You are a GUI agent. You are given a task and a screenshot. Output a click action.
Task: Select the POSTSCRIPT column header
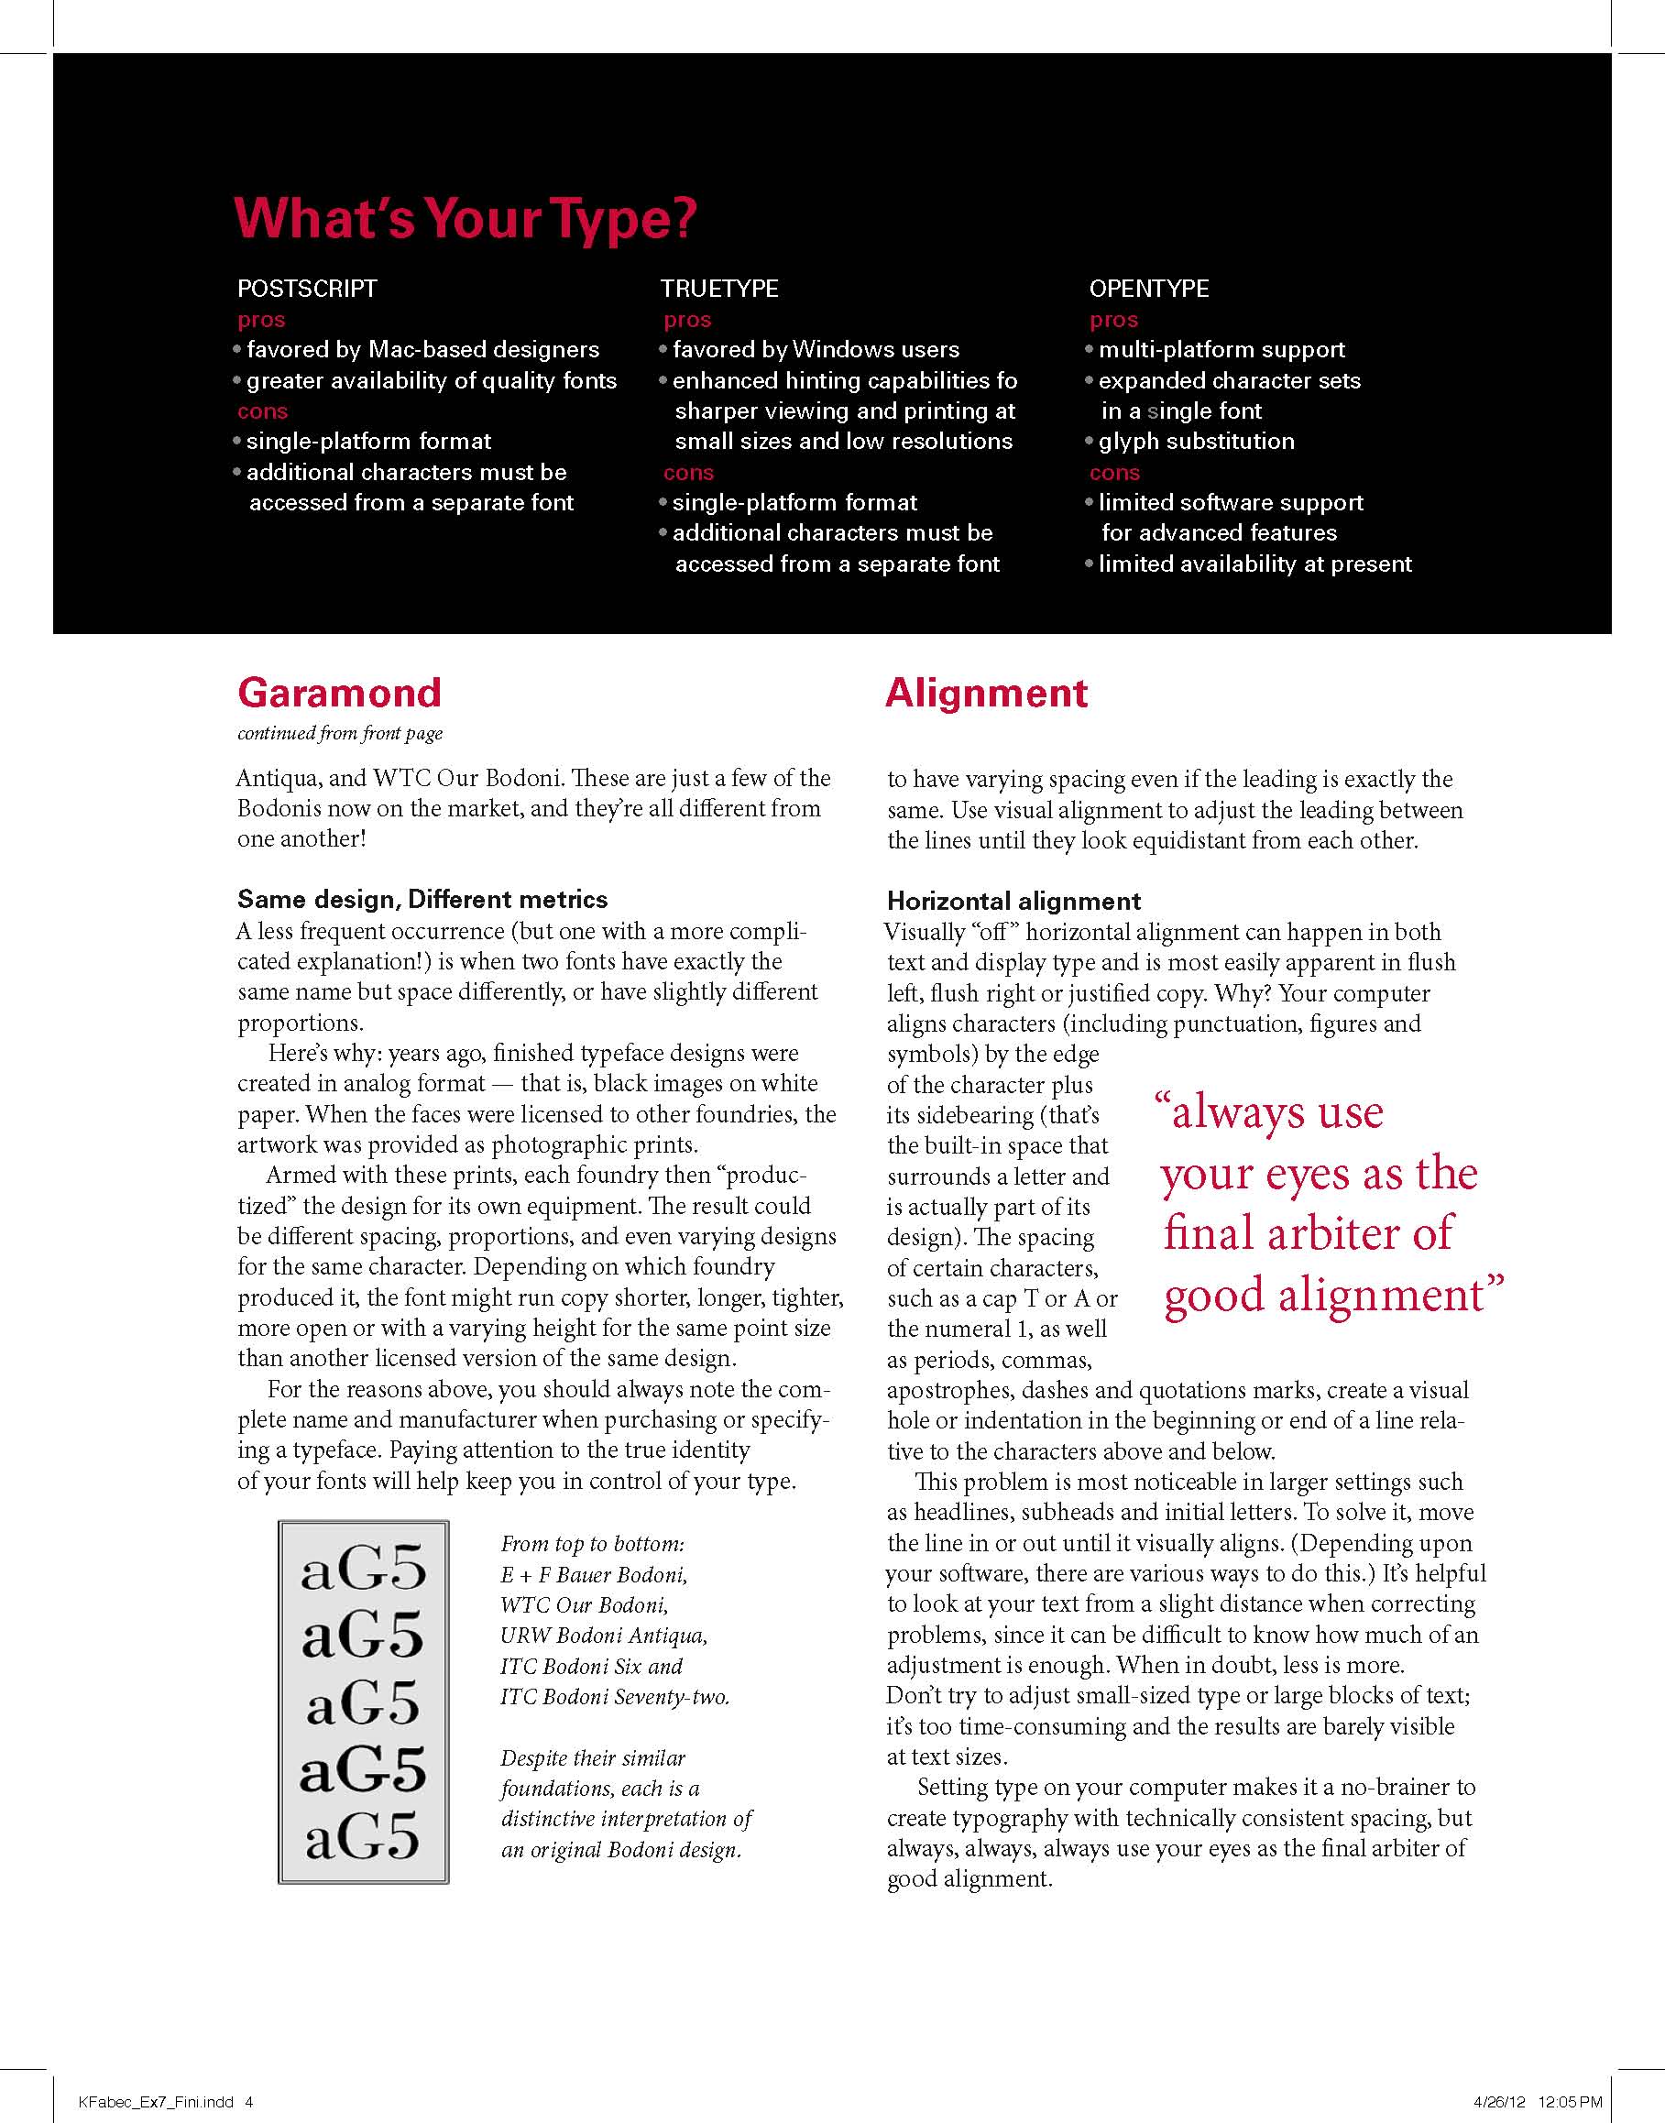pyautogui.click(x=307, y=289)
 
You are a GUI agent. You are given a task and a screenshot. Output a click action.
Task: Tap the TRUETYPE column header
pyautogui.click(x=719, y=289)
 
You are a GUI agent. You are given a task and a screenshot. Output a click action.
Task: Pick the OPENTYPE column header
pyautogui.click(x=1148, y=289)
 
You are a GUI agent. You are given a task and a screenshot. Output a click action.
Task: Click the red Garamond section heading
pyautogui.click(x=339, y=693)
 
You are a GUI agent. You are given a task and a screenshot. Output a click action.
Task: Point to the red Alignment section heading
pyautogui.click(x=986, y=693)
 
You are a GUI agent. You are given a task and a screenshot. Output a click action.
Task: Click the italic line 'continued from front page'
pyautogui.click(x=339, y=733)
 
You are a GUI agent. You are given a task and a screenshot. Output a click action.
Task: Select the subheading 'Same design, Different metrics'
pyautogui.click(x=422, y=899)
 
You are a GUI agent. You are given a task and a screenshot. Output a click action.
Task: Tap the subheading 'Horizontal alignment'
pyautogui.click(x=1013, y=901)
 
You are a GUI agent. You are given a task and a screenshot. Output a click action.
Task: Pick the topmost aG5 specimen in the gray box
pyautogui.click(x=363, y=1570)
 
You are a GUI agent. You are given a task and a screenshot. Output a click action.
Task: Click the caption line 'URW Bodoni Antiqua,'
pyautogui.click(x=604, y=1636)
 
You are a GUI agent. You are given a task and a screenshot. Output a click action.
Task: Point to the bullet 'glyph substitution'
pyautogui.click(x=1196, y=442)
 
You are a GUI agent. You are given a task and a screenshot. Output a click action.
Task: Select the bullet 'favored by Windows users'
pyautogui.click(x=815, y=350)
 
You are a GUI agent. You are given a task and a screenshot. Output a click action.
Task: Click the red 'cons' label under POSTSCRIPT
pyautogui.click(x=262, y=411)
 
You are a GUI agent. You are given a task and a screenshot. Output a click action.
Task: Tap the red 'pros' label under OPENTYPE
pyautogui.click(x=1113, y=320)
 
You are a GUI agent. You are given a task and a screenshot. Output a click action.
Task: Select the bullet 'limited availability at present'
pyautogui.click(x=1254, y=564)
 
